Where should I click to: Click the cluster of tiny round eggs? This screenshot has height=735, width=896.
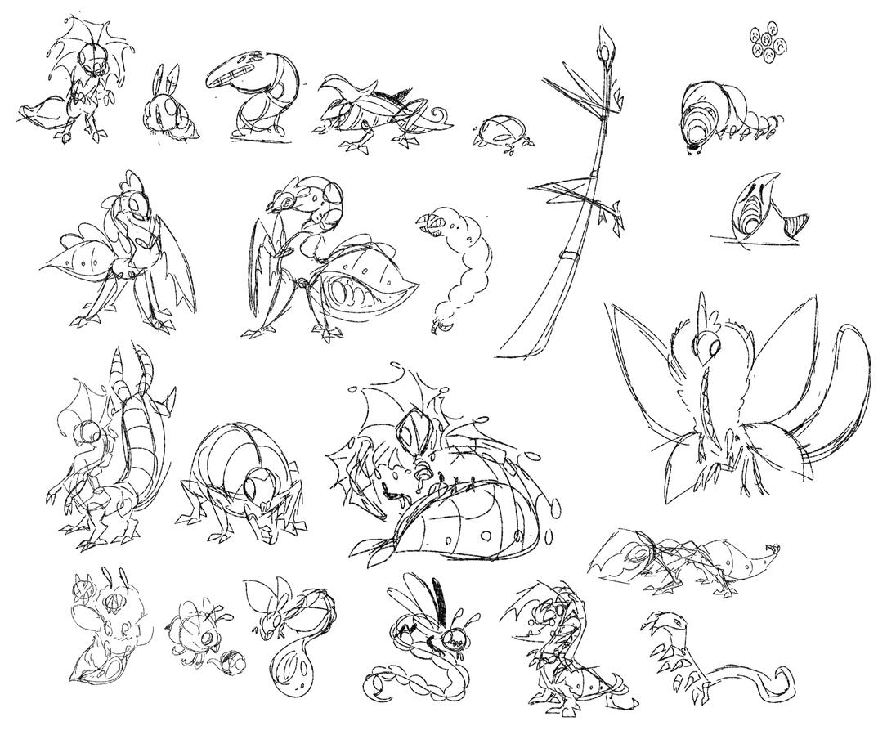click(x=767, y=43)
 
